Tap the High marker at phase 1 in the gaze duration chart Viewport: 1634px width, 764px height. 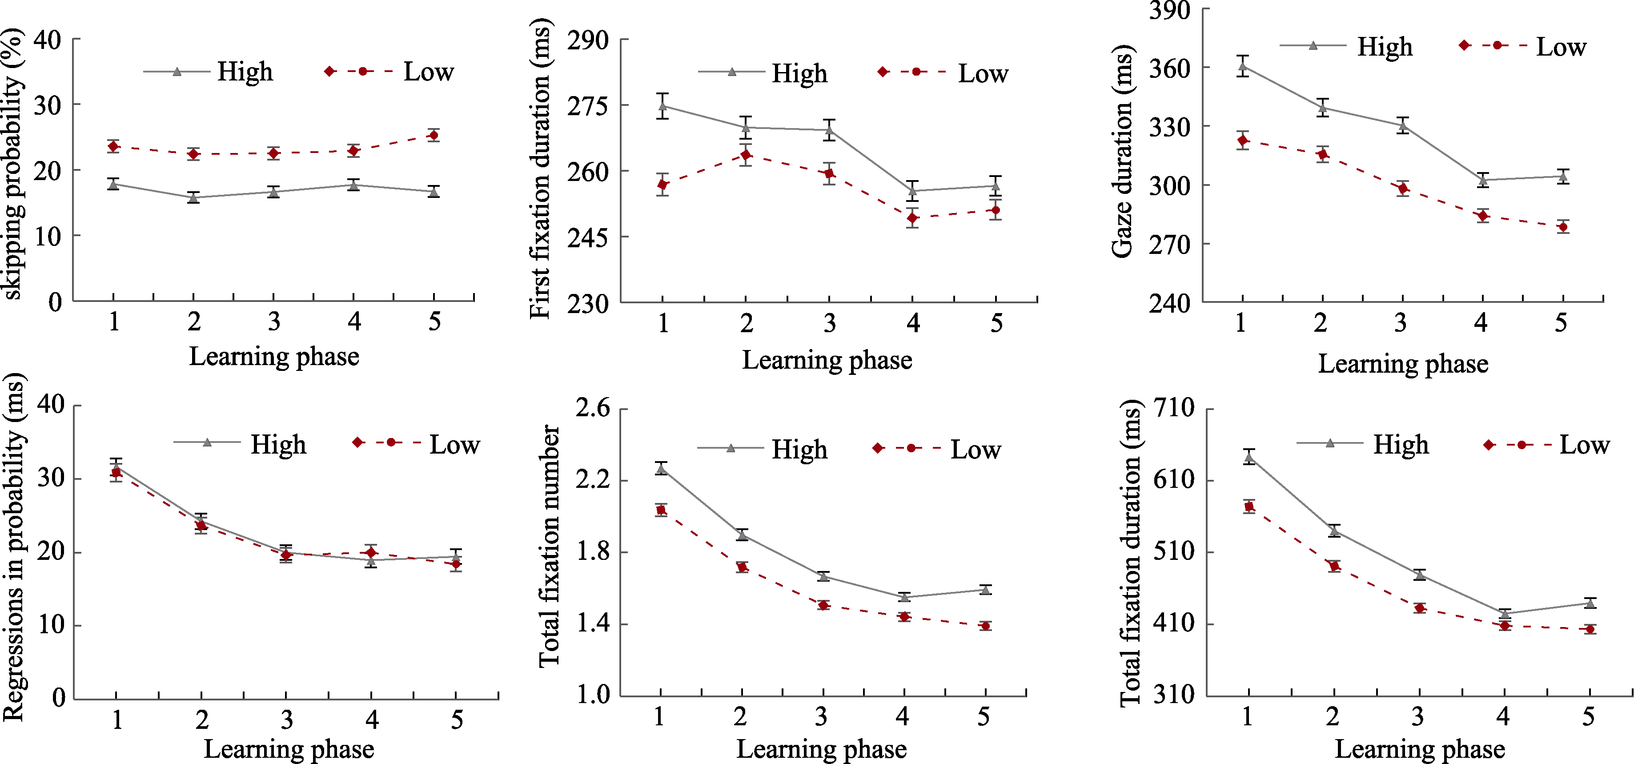point(1243,65)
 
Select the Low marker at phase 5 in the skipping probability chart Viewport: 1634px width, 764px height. point(433,135)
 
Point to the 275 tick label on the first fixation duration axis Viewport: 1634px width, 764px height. point(587,106)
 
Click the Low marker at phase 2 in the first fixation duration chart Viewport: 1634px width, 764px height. point(746,155)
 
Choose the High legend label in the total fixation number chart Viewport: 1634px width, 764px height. point(799,449)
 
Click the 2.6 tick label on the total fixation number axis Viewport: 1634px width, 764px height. point(592,407)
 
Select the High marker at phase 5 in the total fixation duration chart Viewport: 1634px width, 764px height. point(1590,603)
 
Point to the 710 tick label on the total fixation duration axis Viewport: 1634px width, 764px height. point(1174,407)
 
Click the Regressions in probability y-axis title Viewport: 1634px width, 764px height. point(14,547)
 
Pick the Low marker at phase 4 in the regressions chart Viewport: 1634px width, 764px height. point(372,552)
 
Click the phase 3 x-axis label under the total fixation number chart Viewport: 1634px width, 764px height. point(821,716)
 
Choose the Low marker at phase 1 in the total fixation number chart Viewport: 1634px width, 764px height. point(661,510)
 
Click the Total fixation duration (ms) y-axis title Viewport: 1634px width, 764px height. point(1130,552)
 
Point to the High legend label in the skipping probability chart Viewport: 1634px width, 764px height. point(245,72)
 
